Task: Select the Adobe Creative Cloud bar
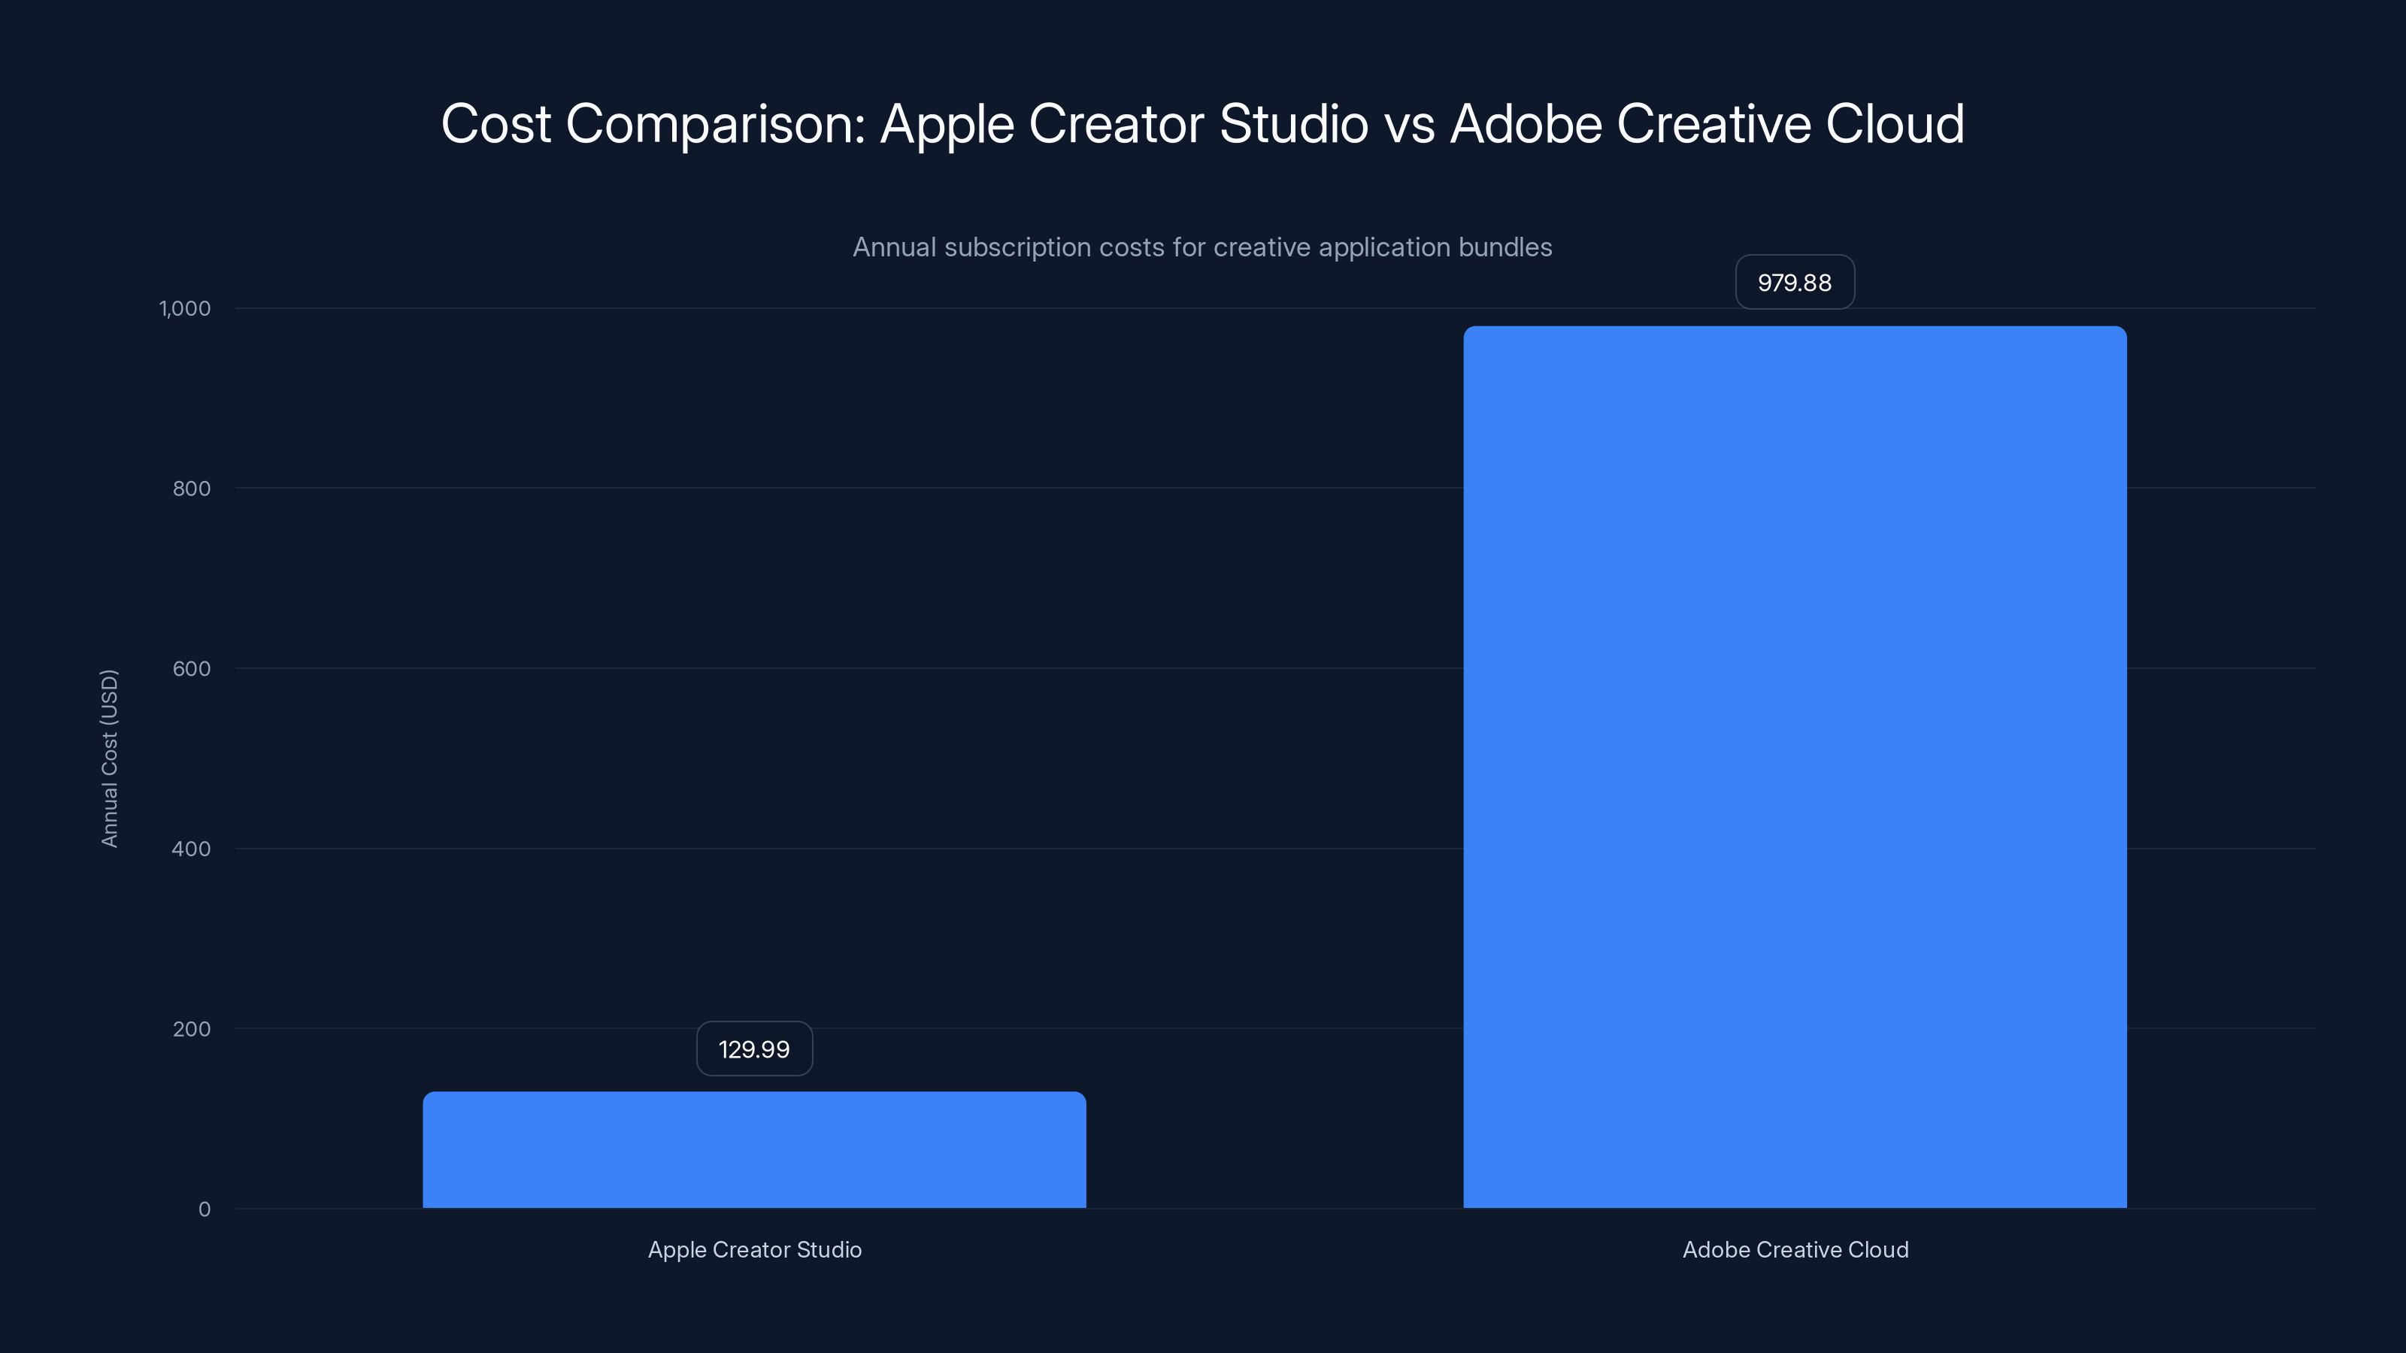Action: coord(1794,767)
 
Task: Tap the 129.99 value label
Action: coord(753,1049)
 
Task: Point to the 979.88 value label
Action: coord(1794,282)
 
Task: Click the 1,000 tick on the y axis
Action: coord(185,308)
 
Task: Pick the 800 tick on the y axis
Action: coord(192,489)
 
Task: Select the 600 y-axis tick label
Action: coord(192,668)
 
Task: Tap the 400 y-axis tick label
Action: coord(192,849)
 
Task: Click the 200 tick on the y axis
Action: coord(192,1029)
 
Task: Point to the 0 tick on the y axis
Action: coord(205,1209)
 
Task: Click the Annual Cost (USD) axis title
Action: coord(109,758)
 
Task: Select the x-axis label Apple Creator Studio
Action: coord(755,1249)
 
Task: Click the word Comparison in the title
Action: coord(716,124)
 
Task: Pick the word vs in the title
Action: coord(1410,124)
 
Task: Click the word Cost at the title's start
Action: coord(496,124)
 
